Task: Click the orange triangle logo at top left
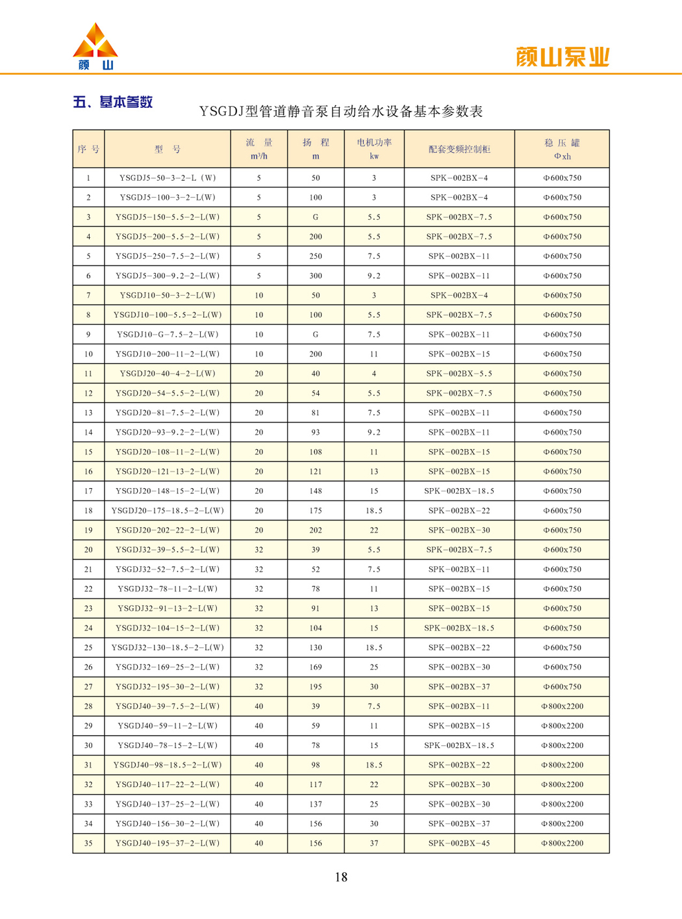tap(95, 42)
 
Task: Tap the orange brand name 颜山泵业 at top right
tap(562, 57)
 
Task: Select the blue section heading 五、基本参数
tap(113, 102)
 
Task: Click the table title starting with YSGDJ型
tap(341, 112)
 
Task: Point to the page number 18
tap(341, 877)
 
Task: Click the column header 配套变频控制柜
tap(459, 149)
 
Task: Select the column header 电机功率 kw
tap(374, 149)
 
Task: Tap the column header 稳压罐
tap(562, 149)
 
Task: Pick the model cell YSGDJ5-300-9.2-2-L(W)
tap(168, 276)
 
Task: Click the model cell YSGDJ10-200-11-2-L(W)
tap(168, 354)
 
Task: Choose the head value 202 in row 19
tap(316, 530)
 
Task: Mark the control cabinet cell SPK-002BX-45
tap(459, 843)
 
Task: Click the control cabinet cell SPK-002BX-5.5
tap(459, 374)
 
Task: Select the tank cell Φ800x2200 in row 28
tap(562, 706)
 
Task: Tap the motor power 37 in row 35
tap(374, 843)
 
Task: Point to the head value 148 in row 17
tap(316, 491)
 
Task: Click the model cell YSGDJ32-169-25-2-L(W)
tap(168, 667)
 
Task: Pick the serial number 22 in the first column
tap(88, 589)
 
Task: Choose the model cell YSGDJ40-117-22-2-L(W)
tap(168, 784)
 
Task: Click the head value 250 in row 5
tap(316, 256)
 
